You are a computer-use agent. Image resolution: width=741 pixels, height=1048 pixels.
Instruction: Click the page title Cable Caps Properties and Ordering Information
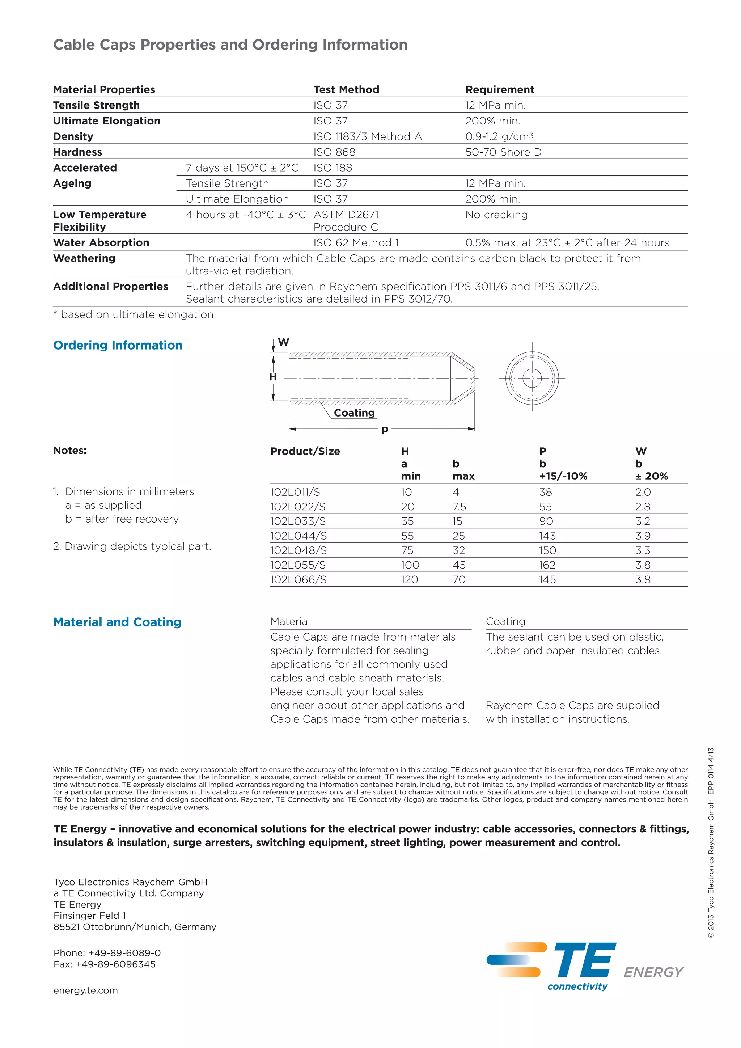(230, 45)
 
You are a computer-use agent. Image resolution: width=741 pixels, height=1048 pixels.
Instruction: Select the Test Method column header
(346, 89)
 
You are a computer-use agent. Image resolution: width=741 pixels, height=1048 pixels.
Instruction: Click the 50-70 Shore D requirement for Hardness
(503, 152)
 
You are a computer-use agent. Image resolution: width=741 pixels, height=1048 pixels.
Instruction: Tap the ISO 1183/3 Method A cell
(367, 136)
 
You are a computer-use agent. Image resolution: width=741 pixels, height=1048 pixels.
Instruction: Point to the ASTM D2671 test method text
(346, 215)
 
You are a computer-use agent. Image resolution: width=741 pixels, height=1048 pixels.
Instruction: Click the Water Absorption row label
(101, 243)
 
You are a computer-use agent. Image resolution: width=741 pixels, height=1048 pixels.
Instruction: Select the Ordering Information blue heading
(118, 345)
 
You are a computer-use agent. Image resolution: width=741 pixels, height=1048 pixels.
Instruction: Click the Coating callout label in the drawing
(354, 413)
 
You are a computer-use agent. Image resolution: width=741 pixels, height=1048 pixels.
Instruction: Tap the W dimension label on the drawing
(283, 342)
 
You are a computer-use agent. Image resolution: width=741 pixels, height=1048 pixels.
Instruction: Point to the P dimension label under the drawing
(385, 430)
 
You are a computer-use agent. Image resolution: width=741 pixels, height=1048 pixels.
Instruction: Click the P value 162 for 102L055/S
(547, 565)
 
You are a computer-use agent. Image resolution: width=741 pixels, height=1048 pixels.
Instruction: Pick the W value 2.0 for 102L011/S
(643, 492)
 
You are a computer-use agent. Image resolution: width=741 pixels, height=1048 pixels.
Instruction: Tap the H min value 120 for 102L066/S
(409, 580)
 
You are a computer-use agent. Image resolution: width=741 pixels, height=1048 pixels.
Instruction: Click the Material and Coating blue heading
(117, 622)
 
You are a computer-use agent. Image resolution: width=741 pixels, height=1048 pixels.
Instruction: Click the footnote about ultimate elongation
(133, 314)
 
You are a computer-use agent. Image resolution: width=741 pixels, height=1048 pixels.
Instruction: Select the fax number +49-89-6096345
(105, 964)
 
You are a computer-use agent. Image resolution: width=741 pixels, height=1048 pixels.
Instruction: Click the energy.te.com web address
(86, 990)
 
